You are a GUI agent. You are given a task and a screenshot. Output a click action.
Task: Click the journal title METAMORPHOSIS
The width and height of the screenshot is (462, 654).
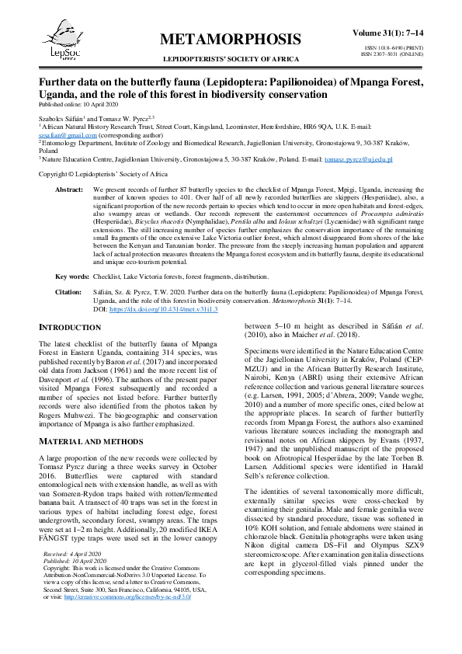pyautogui.click(x=231, y=40)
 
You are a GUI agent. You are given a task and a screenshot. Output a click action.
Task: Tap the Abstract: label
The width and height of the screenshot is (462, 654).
pyautogui.click(x=70, y=190)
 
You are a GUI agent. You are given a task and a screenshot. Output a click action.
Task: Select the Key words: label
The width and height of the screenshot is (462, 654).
pyautogui.click(x=72, y=276)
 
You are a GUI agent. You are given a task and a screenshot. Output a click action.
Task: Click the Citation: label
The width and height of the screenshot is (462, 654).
pyautogui.click(x=69, y=292)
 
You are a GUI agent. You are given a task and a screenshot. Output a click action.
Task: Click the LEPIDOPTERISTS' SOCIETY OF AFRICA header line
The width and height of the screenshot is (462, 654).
pyautogui.click(x=231, y=59)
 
